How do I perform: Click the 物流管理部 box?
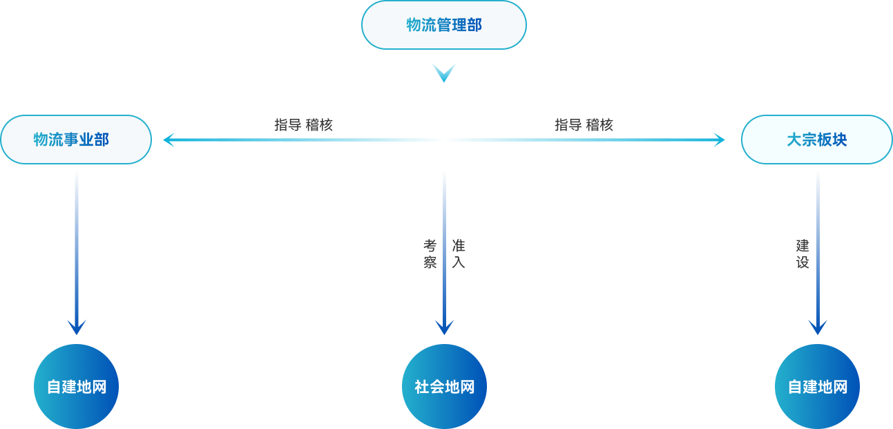[444, 25]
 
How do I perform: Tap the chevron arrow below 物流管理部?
[443, 72]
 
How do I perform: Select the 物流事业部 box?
[76, 140]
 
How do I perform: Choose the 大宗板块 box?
[816, 140]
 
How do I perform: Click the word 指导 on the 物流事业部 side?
[287, 125]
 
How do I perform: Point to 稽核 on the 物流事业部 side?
[320, 125]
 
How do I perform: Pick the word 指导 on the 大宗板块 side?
[568, 125]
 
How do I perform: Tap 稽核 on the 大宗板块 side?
[600, 125]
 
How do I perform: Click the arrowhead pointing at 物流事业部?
[169, 140]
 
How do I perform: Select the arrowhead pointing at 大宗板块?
[719, 140]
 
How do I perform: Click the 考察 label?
[430, 254]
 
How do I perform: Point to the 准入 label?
[458, 254]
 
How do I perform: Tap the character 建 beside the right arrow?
[802, 245]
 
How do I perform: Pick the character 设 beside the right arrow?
[802, 263]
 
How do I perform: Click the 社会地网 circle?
[444, 386]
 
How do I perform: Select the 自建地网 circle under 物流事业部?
[76, 386]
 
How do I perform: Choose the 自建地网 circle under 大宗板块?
[818, 386]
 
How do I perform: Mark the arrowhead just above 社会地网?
[444, 327]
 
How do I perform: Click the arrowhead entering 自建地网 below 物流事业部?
[76, 327]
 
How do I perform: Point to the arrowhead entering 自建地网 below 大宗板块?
[818, 327]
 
